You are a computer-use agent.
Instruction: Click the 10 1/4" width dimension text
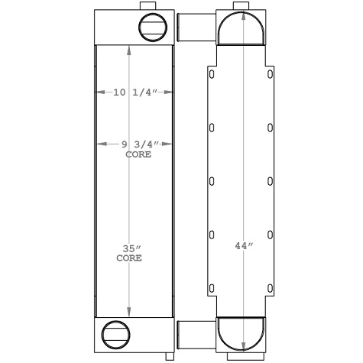click(x=134, y=93)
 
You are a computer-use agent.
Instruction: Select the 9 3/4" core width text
click(x=135, y=143)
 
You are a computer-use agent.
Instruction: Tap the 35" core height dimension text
click(x=129, y=248)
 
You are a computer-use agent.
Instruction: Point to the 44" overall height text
click(x=243, y=245)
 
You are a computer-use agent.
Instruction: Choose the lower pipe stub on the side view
click(x=188, y=333)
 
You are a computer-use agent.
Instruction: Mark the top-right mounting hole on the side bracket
click(x=271, y=74)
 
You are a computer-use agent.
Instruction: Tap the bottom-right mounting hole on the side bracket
click(x=271, y=288)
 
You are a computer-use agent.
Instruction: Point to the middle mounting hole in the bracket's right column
click(x=271, y=181)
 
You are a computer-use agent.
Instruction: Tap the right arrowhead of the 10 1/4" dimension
click(x=170, y=93)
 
